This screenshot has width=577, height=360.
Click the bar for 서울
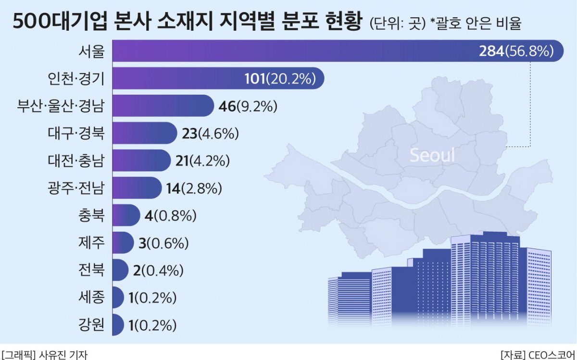[288, 51]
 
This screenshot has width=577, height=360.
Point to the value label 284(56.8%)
[516, 51]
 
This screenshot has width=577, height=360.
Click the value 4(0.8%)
[170, 215]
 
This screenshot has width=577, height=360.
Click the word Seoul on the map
[432, 155]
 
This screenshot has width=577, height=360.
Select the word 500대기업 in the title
[62, 22]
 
